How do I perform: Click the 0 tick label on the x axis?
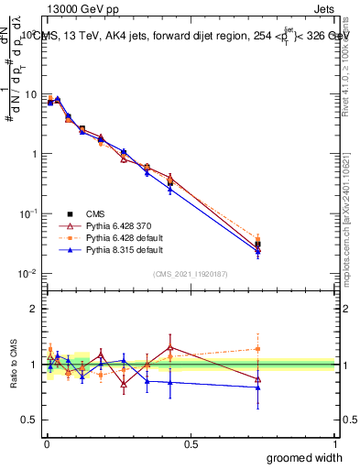click(46, 445)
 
